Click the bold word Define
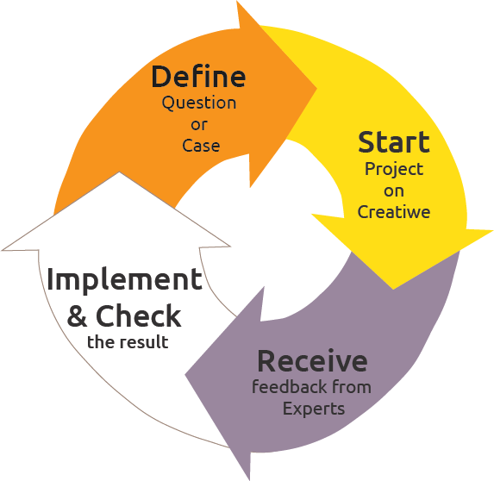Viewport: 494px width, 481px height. [x=198, y=77]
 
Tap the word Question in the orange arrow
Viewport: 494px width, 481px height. [x=199, y=103]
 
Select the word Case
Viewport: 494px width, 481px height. [x=201, y=146]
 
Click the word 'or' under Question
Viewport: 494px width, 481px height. [x=199, y=125]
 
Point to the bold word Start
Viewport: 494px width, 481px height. [x=394, y=142]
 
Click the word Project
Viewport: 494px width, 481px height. [x=394, y=170]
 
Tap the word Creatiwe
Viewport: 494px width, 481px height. [x=394, y=212]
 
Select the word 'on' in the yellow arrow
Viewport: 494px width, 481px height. [x=394, y=191]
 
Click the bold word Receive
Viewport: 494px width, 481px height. [x=313, y=361]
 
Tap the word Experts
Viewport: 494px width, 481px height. [x=314, y=409]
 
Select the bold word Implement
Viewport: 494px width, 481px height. [x=124, y=279]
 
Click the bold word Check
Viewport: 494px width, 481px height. [x=138, y=315]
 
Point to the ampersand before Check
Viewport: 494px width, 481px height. [x=78, y=316]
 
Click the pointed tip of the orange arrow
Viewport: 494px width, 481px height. [x=316, y=88]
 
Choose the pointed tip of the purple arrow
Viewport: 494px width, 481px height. [x=185, y=375]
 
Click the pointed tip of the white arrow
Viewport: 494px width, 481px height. [x=119, y=172]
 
